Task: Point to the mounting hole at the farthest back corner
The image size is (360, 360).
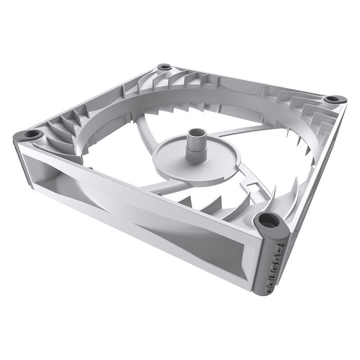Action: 165,67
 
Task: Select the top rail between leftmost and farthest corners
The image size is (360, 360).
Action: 98,98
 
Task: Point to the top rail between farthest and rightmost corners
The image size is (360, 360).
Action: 247,80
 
